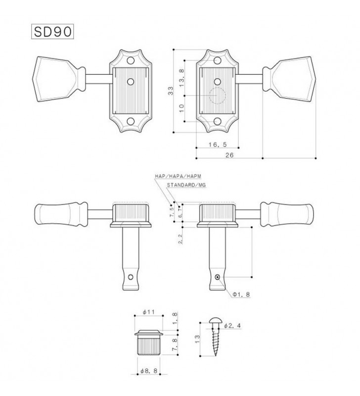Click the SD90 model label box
tap(52, 32)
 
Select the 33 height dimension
tap(171, 91)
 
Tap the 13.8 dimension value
tap(182, 78)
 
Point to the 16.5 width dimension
tap(218, 145)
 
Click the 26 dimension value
tap(229, 155)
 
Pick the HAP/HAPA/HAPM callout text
tap(178, 176)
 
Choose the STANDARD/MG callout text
tap(186, 185)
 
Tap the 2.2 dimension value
tap(180, 239)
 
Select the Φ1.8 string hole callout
tap(241, 294)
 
